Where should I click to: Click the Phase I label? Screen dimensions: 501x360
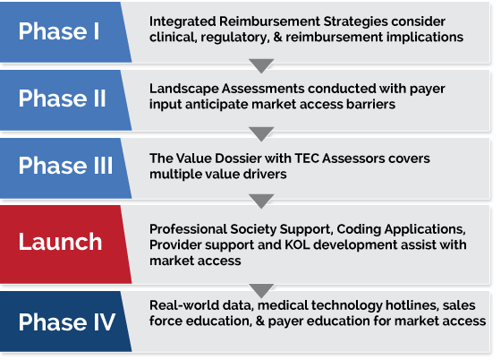pyautogui.click(x=59, y=31)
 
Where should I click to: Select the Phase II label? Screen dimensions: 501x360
pyautogui.click(x=62, y=99)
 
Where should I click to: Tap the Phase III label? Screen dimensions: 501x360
pyautogui.click(x=65, y=166)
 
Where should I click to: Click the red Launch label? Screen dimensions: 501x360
pyautogui.click(x=60, y=242)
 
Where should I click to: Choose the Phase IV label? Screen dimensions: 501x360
pyautogui.click(x=67, y=321)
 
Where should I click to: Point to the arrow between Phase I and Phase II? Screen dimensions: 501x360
pyautogui.click(x=261, y=65)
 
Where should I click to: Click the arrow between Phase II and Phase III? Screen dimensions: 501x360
pyautogui.click(x=261, y=133)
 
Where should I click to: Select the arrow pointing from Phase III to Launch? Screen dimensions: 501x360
pyautogui.click(x=261, y=201)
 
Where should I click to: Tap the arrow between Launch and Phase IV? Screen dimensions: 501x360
pyautogui.click(x=261, y=290)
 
